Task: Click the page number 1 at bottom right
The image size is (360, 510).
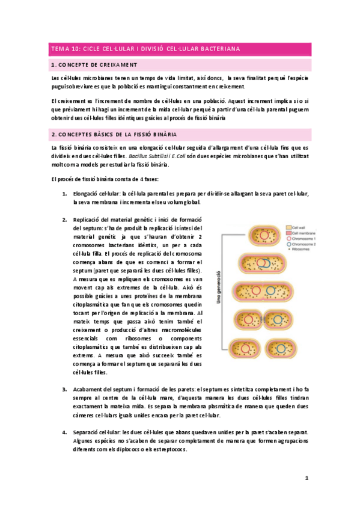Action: [x=306, y=478]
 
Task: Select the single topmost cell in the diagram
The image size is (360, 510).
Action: [x=260, y=236]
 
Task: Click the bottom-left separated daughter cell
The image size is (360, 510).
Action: [x=247, y=350]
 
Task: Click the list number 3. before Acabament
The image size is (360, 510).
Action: [x=65, y=390]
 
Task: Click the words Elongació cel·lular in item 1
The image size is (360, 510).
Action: [x=95, y=194]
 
